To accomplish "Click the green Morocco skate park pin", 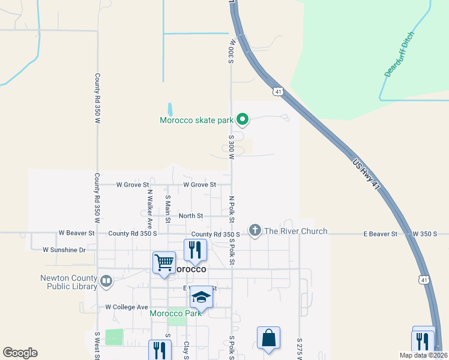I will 243,120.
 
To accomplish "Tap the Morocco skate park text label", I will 196,120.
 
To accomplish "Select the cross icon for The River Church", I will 255,231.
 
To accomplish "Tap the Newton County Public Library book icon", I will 106,280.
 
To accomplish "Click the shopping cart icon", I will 164,262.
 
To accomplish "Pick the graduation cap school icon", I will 202,297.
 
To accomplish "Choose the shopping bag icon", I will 268,338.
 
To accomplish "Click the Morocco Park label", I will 175,313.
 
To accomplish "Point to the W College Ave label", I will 126,307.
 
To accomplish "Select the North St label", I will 191,215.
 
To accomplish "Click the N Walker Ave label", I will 150,206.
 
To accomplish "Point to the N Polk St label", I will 231,206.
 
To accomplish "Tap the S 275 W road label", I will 299,348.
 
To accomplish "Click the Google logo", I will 20,353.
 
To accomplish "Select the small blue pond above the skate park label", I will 170,109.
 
